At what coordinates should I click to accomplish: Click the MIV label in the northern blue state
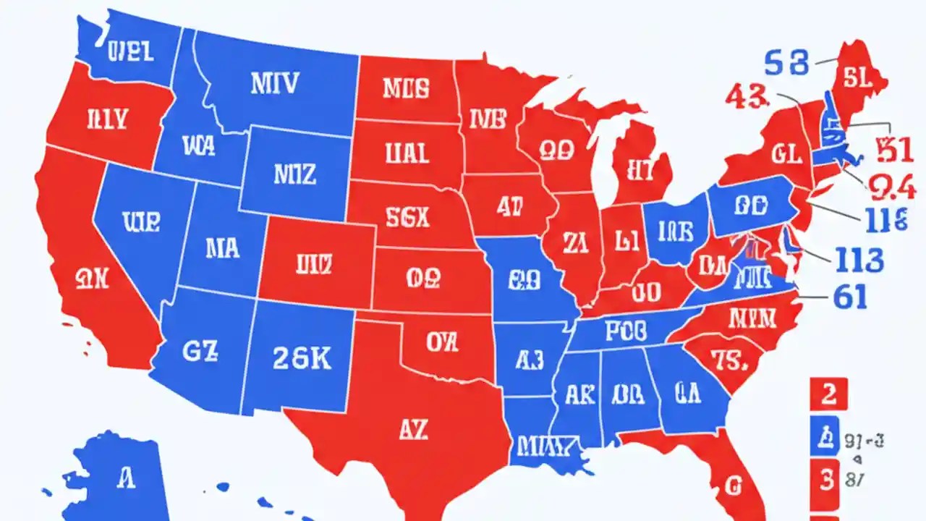273,83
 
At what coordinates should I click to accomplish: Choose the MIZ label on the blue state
294,173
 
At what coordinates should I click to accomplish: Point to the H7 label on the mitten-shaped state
641,170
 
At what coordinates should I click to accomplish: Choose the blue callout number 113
859,258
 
